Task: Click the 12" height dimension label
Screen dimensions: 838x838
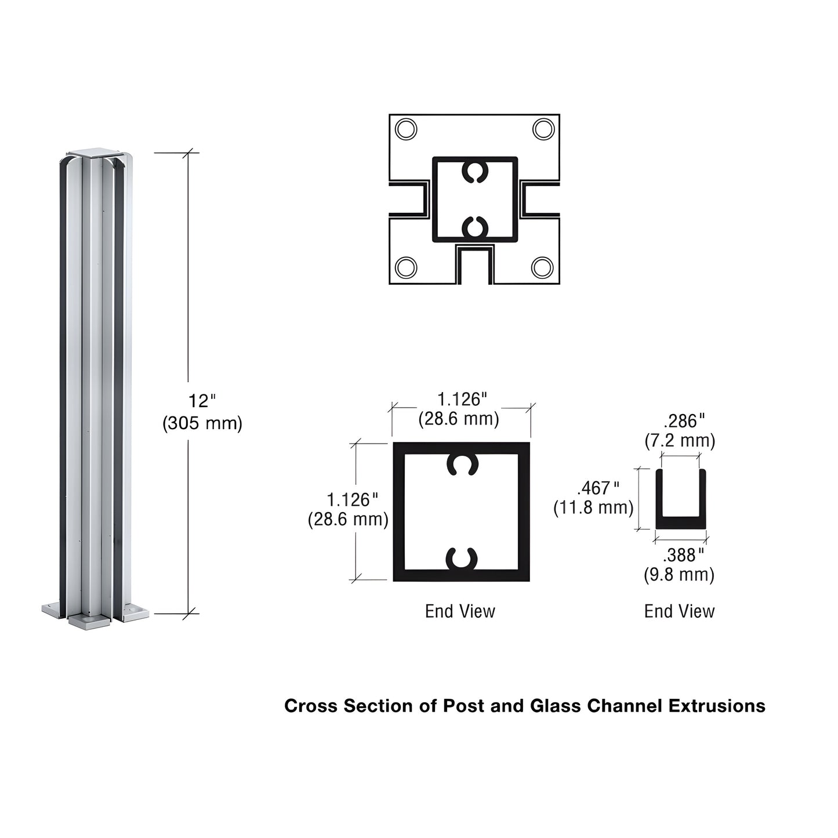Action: coord(201,401)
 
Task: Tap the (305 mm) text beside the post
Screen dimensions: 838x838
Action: coord(202,423)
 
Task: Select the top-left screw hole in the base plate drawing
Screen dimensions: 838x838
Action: coord(405,129)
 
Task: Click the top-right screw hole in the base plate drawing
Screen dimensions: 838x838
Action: coord(543,129)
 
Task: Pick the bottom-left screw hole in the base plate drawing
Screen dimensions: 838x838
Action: coord(405,267)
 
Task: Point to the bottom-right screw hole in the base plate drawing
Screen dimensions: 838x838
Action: coord(542,267)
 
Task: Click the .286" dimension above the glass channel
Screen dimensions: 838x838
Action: coord(684,420)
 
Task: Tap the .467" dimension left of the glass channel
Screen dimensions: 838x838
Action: coord(598,488)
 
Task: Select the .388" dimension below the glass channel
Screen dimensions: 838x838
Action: coord(683,555)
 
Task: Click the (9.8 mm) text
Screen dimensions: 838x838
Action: coord(679,575)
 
